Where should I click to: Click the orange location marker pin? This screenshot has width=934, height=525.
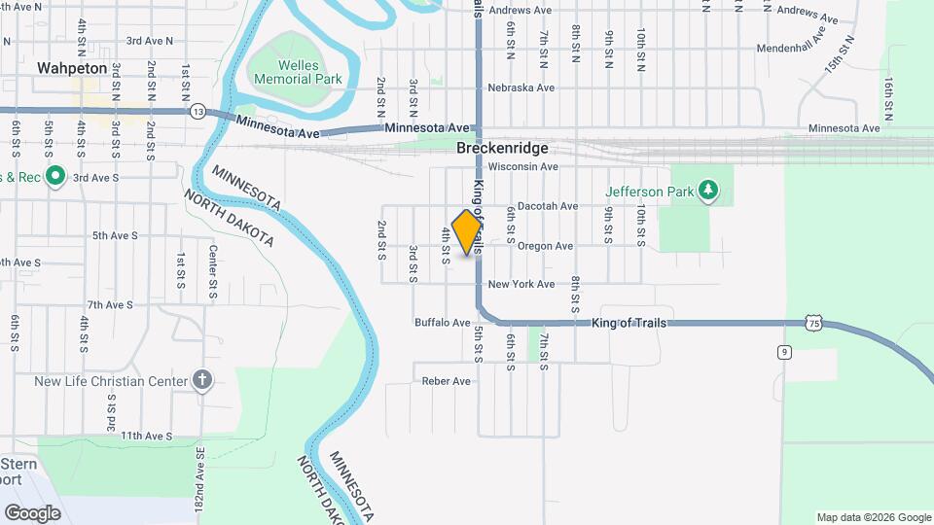pos(467,231)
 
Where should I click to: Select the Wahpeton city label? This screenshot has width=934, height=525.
pos(69,68)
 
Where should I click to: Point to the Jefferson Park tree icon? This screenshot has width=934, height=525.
pos(709,191)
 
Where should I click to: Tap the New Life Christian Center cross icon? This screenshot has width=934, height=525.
pos(202,380)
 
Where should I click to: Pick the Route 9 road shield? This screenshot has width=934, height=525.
pos(783,352)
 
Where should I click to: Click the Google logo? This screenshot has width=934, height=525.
pos(32,512)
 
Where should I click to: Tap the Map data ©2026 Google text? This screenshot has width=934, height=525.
pos(874,517)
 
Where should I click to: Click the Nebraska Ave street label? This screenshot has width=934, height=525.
pos(521,87)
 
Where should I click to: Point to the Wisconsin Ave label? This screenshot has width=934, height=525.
pos(522,166)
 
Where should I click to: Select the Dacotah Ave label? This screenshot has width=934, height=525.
pos(547,206)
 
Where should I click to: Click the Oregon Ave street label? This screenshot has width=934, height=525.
pos(545,246)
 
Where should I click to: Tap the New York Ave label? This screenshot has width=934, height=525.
pos(521,284)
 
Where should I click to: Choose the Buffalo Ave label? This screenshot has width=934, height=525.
pos(442,323)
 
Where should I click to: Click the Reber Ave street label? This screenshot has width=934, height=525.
pos(446,381)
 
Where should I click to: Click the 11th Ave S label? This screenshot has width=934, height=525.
pos(146,436)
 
